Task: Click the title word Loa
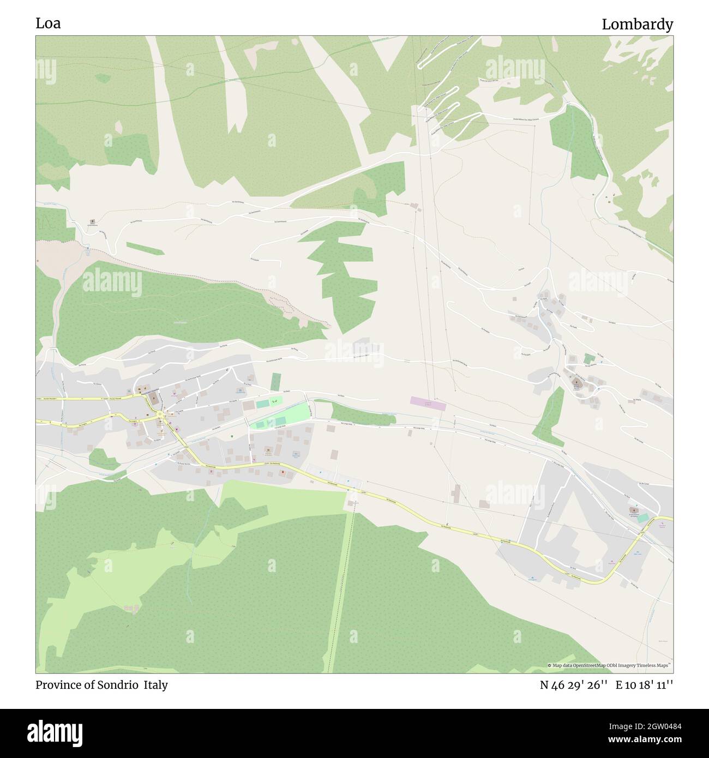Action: [48, 24]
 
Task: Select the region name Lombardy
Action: [637, 25]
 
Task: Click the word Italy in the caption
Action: [156, 685]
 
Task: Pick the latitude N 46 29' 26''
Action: [571, 685]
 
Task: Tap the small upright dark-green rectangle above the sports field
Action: [275, 381]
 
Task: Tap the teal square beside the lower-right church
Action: [644, 518]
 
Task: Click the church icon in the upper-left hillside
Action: [92, 222]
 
